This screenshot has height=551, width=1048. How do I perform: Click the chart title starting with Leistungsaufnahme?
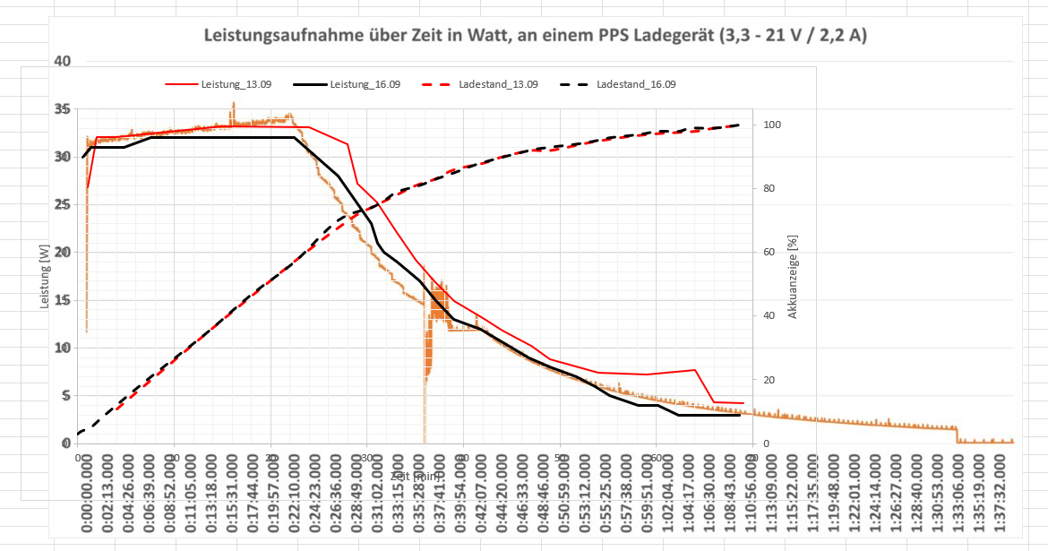point(535,37)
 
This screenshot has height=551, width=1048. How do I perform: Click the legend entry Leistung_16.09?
point(365,84)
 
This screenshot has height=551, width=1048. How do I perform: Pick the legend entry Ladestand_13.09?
point(498,84)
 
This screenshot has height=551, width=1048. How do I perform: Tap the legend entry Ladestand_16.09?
point(636,84)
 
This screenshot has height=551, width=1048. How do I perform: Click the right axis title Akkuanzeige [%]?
point(792,283)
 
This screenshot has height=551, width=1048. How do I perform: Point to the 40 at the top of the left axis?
point(61,61)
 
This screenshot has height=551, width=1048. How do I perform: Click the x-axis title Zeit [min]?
point(415,476)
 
